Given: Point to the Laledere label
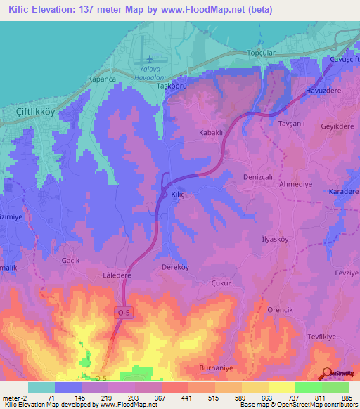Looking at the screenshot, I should click(117, 275).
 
